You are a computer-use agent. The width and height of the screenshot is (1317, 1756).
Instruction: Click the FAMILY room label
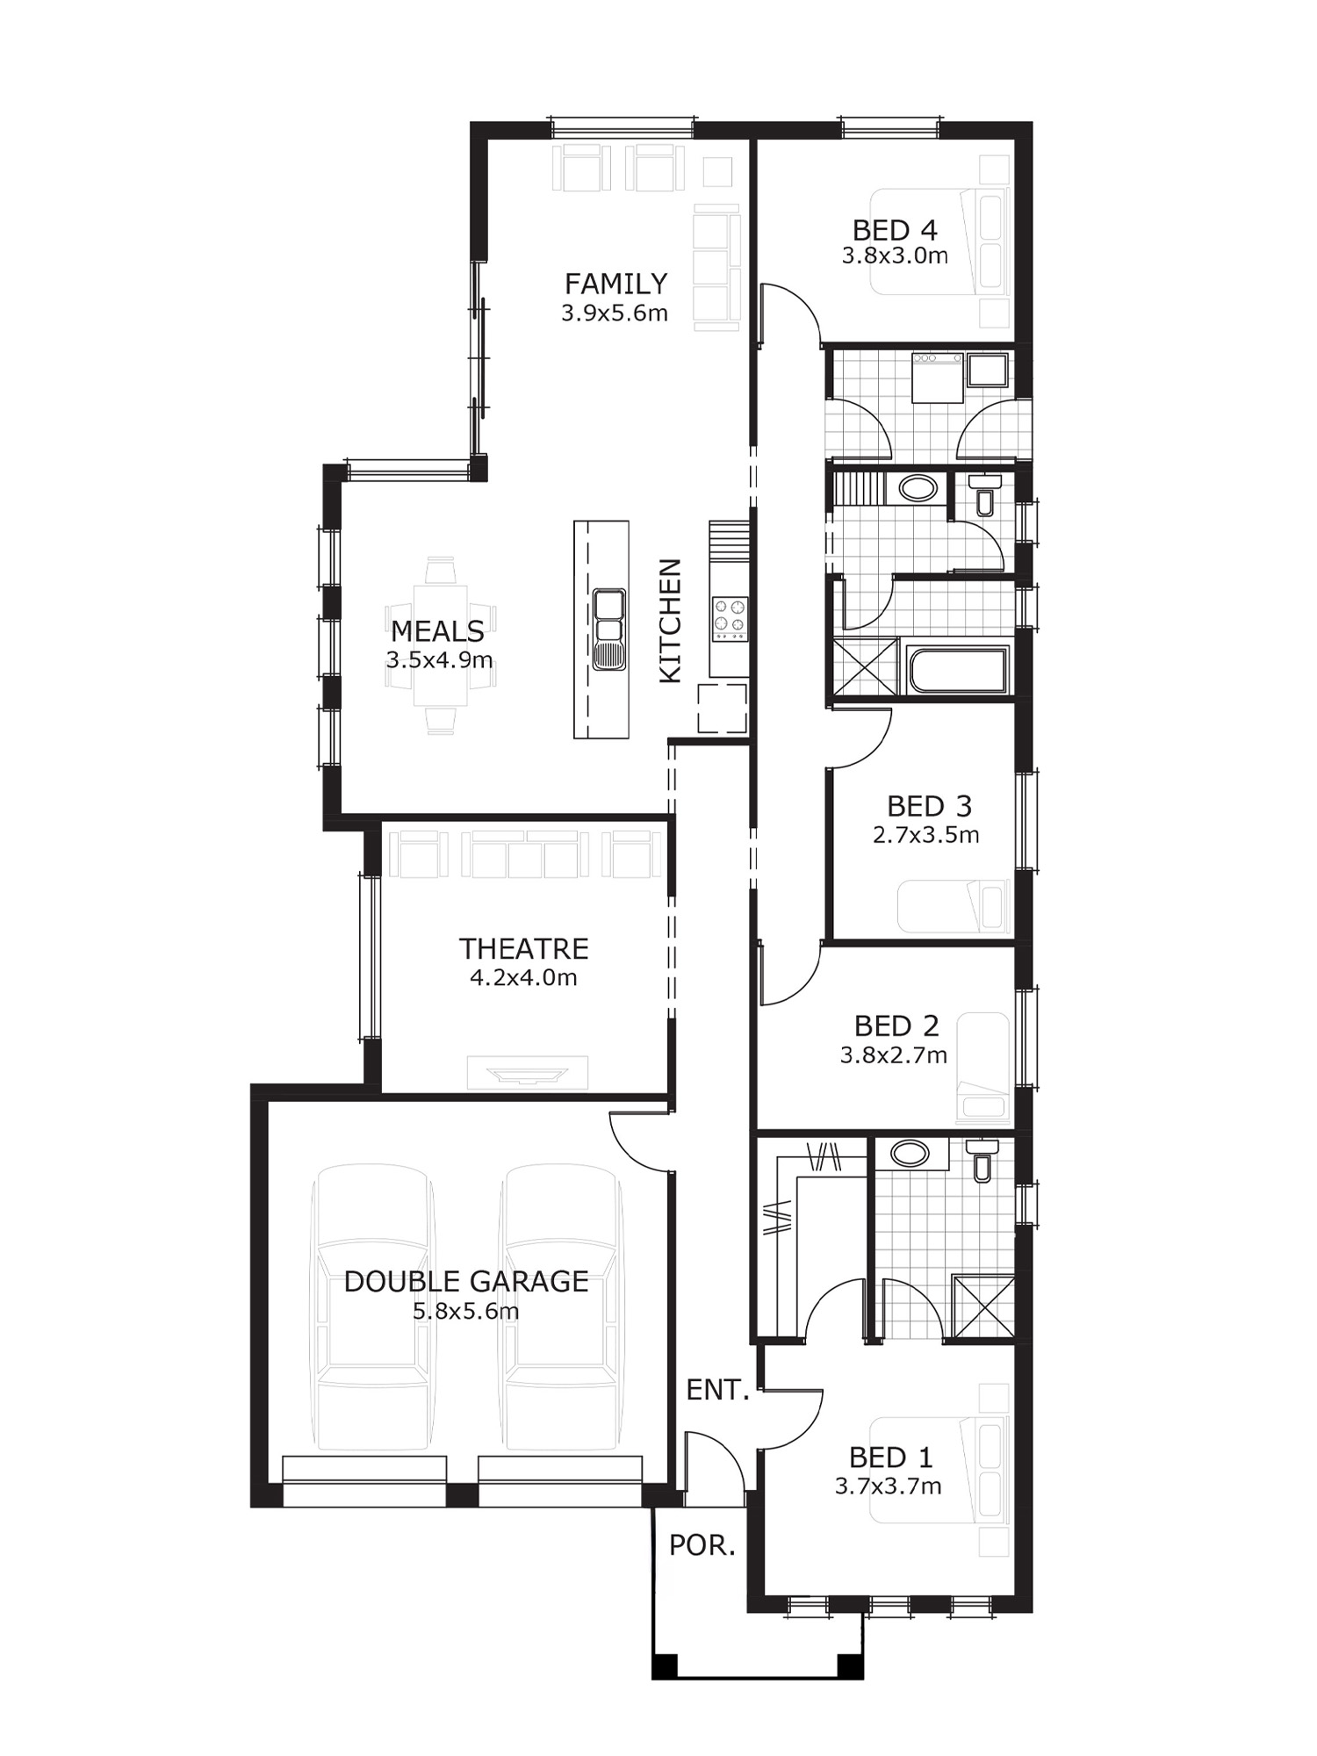(615, 284)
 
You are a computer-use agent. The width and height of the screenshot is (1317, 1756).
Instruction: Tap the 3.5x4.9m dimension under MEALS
(439, 659)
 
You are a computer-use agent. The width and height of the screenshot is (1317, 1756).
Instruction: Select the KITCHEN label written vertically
(670, 621)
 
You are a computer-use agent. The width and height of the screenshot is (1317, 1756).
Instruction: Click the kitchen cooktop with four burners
(730, 616)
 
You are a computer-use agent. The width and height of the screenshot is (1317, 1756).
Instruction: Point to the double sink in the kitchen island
(608, 630)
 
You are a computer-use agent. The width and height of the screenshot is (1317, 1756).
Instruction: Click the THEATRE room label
(523, 948)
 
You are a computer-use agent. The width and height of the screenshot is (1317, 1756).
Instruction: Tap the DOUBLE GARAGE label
(465, 1282)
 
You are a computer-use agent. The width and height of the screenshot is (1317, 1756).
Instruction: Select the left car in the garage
(372, 1308)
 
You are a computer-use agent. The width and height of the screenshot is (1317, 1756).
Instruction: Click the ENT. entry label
(717, 1390)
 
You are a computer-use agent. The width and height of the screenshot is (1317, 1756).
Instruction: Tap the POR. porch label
(702, 1546)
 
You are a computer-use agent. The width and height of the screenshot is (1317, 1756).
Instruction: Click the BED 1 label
(890, 1457)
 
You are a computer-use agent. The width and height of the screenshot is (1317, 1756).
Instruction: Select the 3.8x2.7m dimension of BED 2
(894, 1055)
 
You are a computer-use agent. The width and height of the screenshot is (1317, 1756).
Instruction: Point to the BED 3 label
(929, 806)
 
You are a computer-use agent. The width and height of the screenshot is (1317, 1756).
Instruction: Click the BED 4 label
(895, 230)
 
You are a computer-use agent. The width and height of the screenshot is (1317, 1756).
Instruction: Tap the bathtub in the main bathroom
(957, 671)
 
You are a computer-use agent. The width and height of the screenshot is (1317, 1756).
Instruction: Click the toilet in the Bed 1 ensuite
(982, 1159)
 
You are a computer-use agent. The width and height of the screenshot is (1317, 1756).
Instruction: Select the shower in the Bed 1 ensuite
(982, 1307)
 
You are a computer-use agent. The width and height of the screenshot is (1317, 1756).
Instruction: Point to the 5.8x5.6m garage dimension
(466, 1312)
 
